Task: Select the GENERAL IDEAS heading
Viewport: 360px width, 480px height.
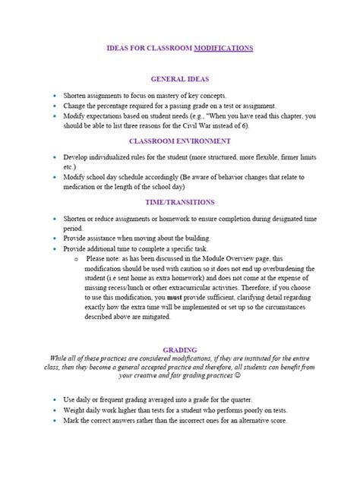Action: (180, 78)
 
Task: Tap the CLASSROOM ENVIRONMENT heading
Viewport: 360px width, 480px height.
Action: (180, 141)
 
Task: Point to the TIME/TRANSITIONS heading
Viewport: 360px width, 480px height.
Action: (180, 203)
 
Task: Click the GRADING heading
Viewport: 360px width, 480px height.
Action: (180, 349)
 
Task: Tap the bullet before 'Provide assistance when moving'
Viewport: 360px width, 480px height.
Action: (54, 238)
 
